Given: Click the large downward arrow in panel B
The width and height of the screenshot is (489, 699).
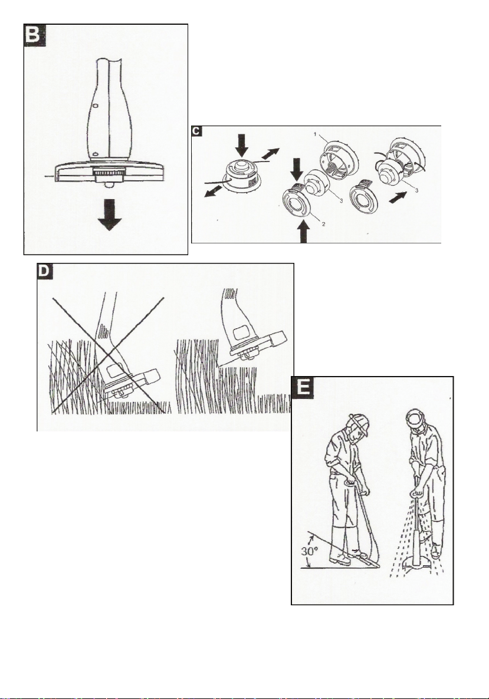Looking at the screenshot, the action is pyautogui.click(x=109, y=219).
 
